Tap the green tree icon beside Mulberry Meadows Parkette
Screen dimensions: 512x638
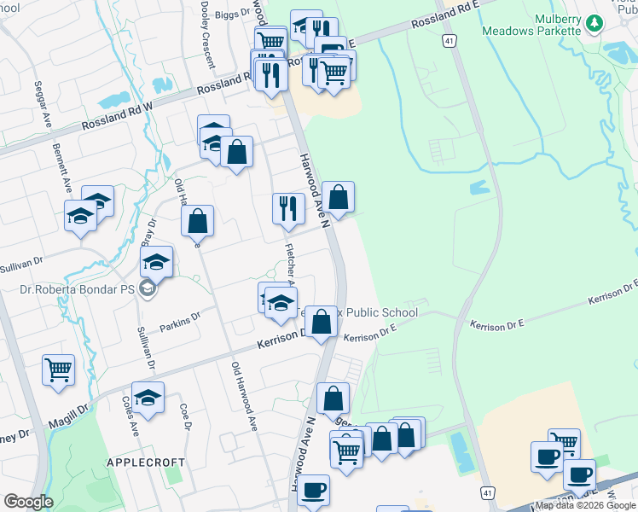pos(594,24)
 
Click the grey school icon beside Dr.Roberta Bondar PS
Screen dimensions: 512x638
pos(148,289)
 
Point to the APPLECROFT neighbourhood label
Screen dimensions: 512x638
pos(145,462)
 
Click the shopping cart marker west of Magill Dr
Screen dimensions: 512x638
pos(58,370)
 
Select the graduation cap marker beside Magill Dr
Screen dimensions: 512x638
pos(148,398)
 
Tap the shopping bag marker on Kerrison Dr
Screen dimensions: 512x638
pos(322,323)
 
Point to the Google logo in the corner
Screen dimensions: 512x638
pos(28,502)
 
